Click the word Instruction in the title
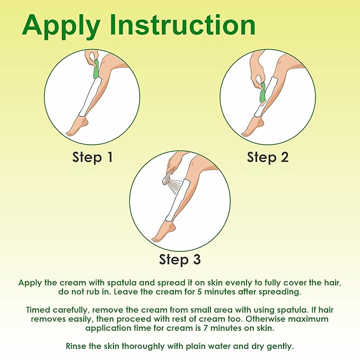coord(183,24)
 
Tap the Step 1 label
coord(93,157)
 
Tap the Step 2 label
coord(268,157)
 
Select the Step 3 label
coord(180,260)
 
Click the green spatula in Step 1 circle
coord(95,68)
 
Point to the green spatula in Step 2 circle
coord(262,92)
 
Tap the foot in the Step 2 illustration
coord(252,127)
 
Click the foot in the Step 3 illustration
coord(162,231)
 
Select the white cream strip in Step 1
coord(91,97)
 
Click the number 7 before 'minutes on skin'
coord(206,328)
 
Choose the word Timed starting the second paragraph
coord(38,310)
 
